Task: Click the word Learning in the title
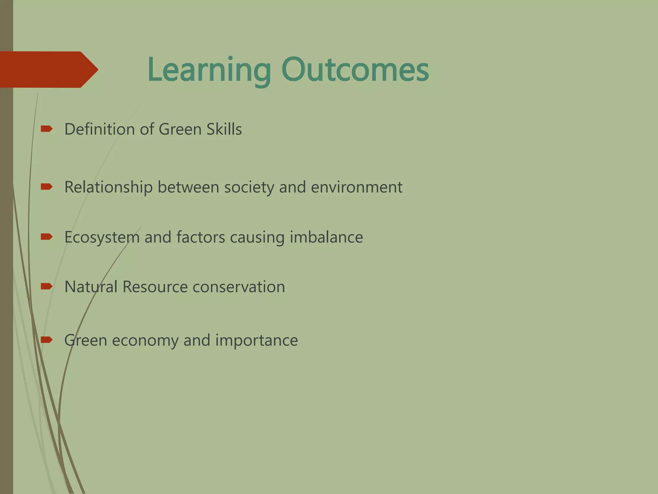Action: pos(209,70)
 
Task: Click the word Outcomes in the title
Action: pos(355,70)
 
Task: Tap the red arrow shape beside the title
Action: pos(48,69)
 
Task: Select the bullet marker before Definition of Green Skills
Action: pos(47,129)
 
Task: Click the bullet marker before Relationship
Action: pos(47,187)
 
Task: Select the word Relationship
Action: pos(108,187)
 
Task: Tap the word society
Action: pos(249,187)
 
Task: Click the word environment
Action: pos(357,187)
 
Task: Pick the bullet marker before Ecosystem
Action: pos(47,237)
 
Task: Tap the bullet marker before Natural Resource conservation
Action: pos(47,286)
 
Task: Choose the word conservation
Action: pos(239,287)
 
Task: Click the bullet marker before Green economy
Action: pos(47,340)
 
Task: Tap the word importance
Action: pos(256,340)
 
